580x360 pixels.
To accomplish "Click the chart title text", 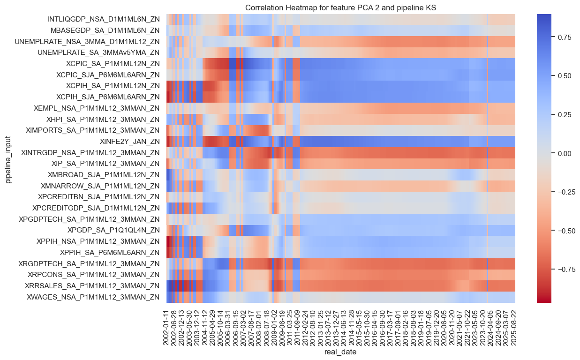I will point(340,7).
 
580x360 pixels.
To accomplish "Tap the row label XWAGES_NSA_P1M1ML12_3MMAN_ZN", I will point(100,297).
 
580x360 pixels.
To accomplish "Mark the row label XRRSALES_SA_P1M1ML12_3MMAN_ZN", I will point(96,285).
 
